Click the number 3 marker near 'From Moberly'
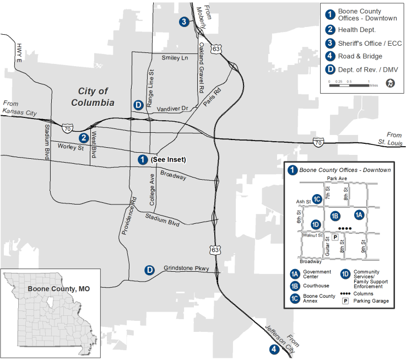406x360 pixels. pyautogui.click(x=184, y=22)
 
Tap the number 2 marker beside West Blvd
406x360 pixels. pyautogui.click(x=84, y=138)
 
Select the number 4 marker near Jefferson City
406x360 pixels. pyautogui.click(x=274, y=348)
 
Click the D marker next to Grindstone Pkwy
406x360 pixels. pyautogui.click(x=149, y=270)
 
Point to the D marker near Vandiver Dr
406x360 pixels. pyautogui.click(x=138, y=105)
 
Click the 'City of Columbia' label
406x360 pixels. pyautogui.click(x=93, y=97)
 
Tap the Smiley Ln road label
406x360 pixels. pyautogui.click(x=175, y=58)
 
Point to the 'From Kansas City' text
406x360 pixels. pyautogui.click(x=19, y=108)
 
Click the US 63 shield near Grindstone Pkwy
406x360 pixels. pyautogui.click(x=215, y=250)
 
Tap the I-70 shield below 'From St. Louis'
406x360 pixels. pyautogui.click(x=318, y=143)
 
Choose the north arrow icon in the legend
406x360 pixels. pyautogui.click(x=390, y=83)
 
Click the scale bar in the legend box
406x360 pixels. pyautogui.click(x=349, y=82)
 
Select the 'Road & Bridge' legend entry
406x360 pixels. pyautogui.click(x=360, y=56)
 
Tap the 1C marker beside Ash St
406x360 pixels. pyautogui.click(x=317, y=199)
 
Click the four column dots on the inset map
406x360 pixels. pyautogui.click(x=344, y=228)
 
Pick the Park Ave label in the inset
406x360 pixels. pyautogui.click(x=337, y=179)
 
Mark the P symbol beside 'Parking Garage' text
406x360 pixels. pyautogui.click(x=346, y=301)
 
